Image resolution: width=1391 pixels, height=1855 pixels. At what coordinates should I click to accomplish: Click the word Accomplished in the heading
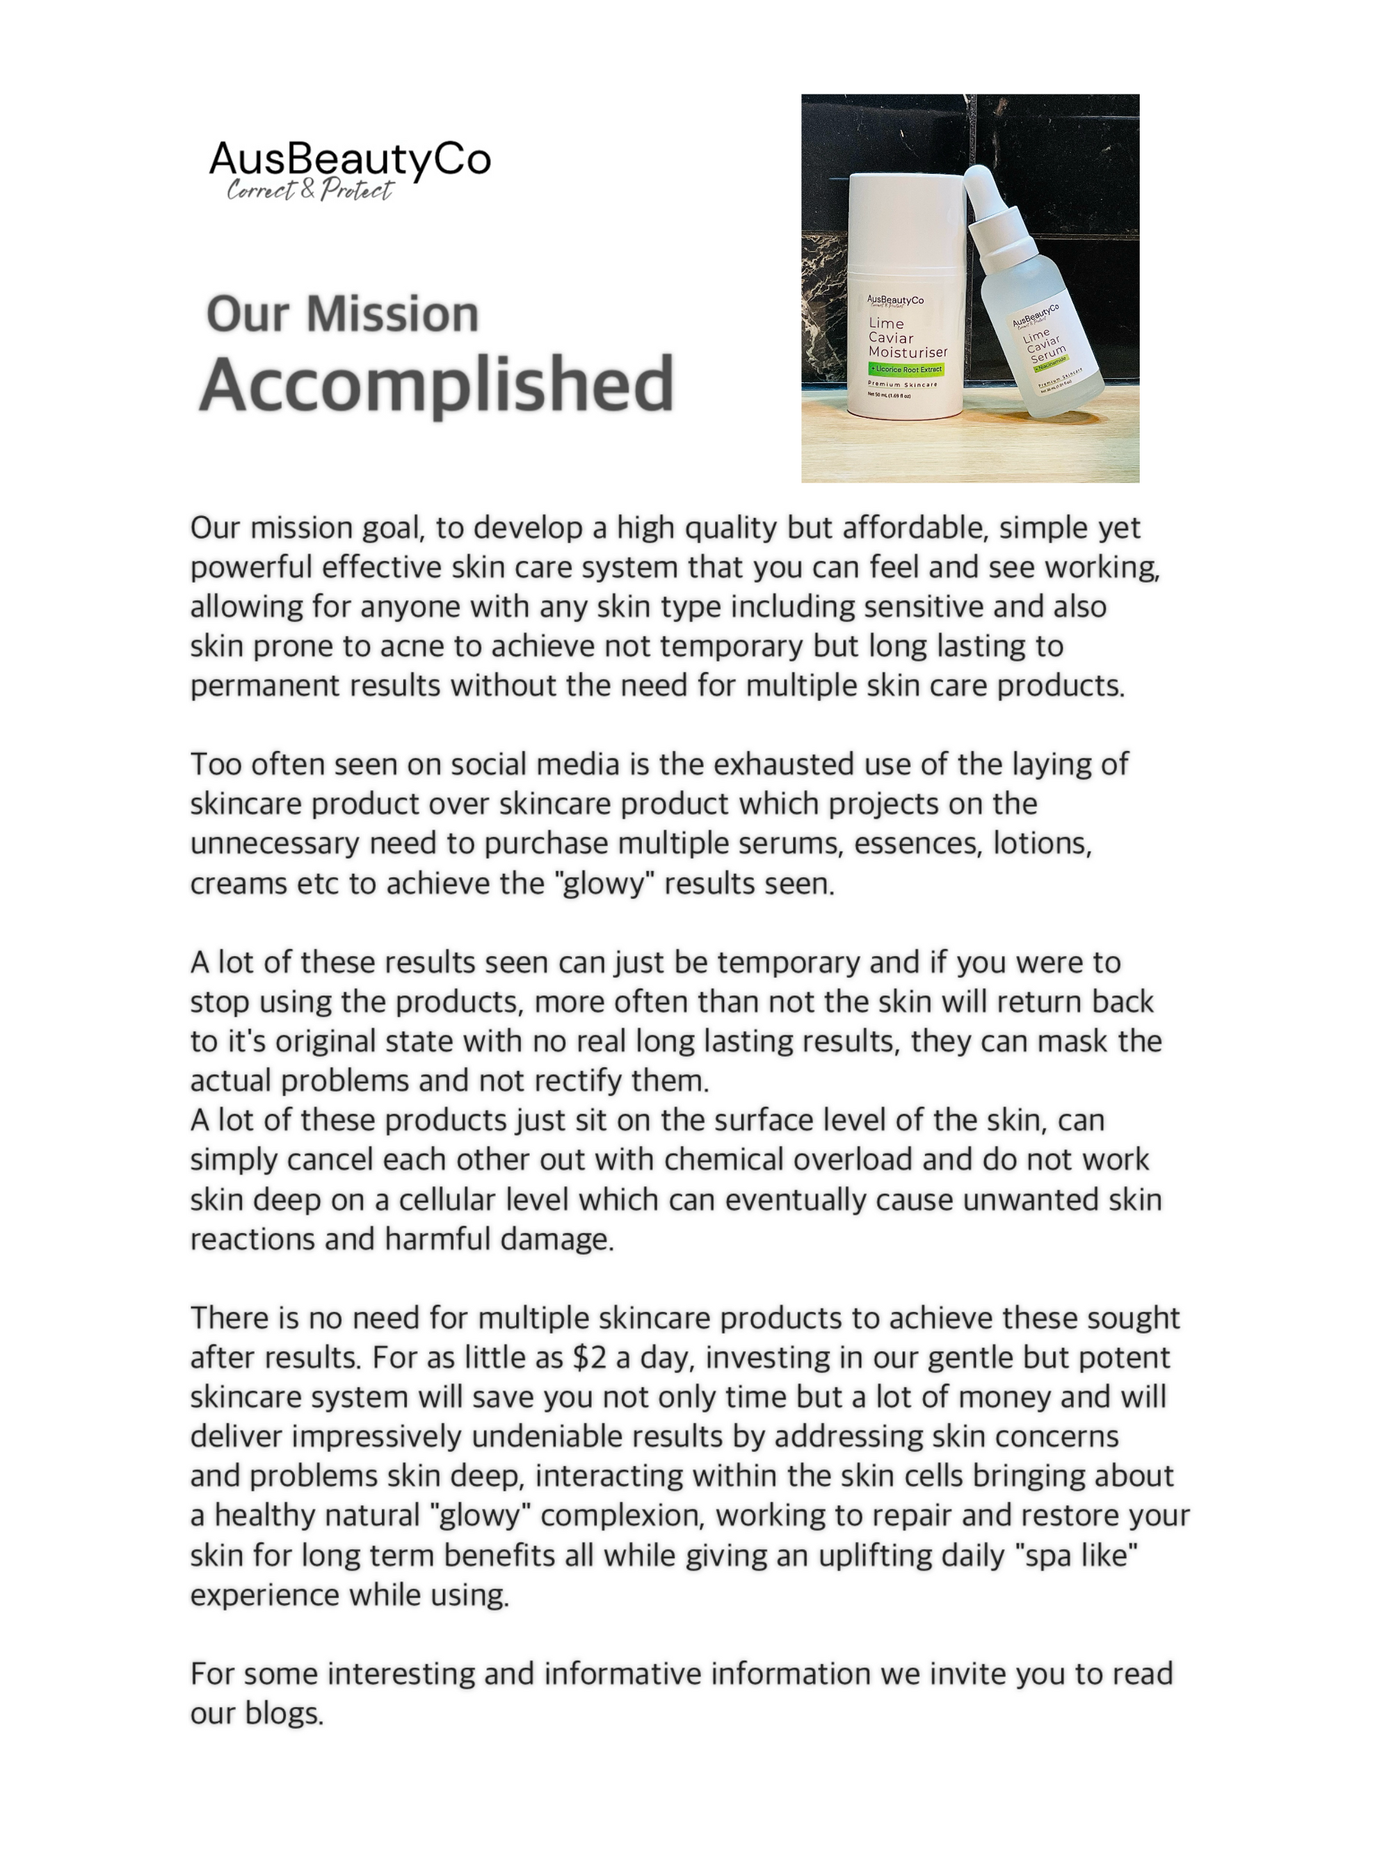point(436,384)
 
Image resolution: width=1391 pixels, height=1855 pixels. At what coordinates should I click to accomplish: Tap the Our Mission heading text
point(342,314)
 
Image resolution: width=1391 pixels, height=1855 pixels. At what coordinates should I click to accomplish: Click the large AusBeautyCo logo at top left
point(350,159)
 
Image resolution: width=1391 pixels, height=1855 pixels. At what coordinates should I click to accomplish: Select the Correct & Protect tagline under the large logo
point(309,191)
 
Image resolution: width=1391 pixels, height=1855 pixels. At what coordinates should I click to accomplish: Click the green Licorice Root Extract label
point(906,369)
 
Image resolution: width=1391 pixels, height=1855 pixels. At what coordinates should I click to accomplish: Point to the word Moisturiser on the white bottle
point(908,353)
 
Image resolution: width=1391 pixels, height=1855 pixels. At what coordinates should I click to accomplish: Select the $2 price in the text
point(589,1357)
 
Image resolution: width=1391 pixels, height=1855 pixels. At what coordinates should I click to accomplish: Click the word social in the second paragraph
point(488,765)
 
